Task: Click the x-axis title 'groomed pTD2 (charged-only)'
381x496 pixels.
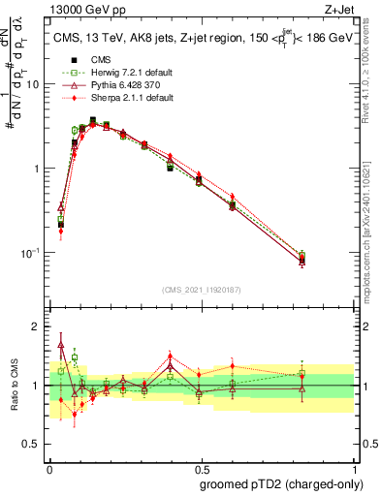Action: tap(281, 483)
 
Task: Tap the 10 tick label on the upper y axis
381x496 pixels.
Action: tap(31, 84)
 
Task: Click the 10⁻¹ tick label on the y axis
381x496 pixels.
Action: tap(29, 253)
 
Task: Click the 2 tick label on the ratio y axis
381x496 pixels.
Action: tap(35, 326)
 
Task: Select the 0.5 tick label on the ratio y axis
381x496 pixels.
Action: tap(31, 445)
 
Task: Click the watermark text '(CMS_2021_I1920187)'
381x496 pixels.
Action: tap(201, 290)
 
